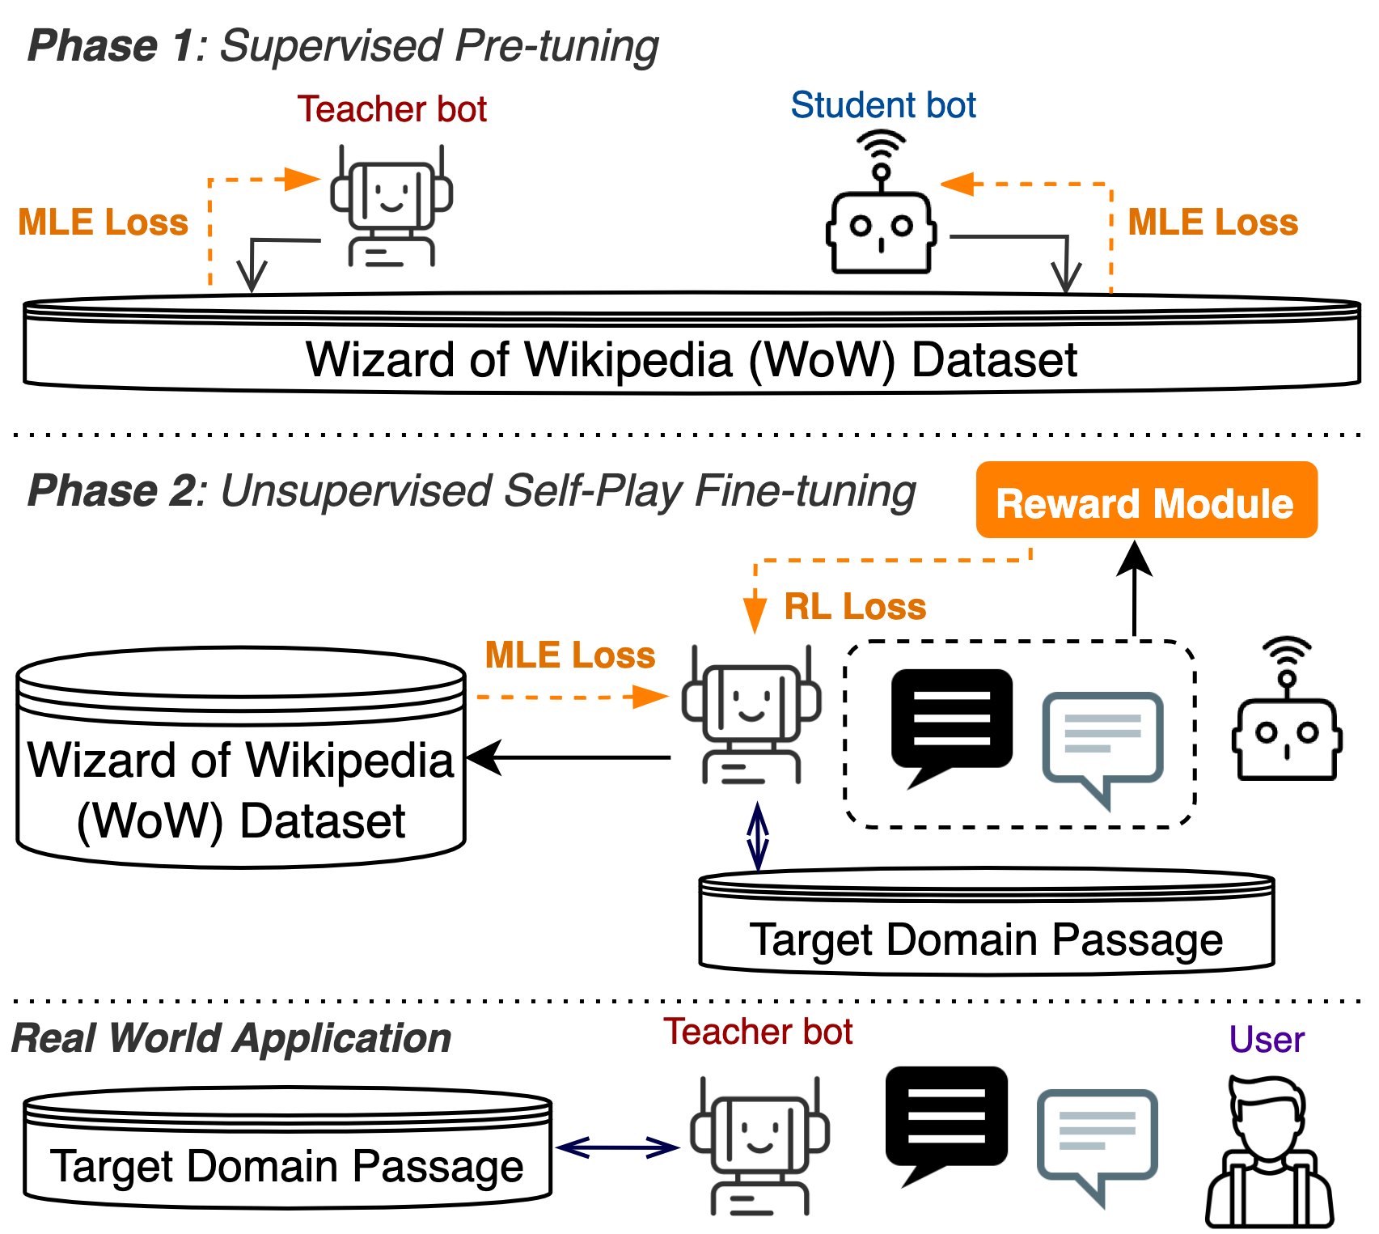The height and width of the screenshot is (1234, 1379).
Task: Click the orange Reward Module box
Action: [1146, 501]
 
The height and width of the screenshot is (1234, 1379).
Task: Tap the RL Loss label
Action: [855, 607]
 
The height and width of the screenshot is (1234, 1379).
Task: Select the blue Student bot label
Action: [883, 105]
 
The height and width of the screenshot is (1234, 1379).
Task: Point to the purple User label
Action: [1267, 1040]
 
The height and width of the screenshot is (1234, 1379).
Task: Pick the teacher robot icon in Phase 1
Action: [391, 207]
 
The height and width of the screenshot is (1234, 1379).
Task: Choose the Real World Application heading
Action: [231, 1038]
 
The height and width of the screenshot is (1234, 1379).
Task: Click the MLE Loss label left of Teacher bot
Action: [103, 223]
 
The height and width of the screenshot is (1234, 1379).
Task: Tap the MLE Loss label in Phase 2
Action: [569, 655]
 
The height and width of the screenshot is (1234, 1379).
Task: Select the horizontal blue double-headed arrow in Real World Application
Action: [617, 1147]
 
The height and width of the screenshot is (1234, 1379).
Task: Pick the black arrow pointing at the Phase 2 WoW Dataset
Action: [569, 758]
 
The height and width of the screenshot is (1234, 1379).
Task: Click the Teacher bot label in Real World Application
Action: [758, 1032]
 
